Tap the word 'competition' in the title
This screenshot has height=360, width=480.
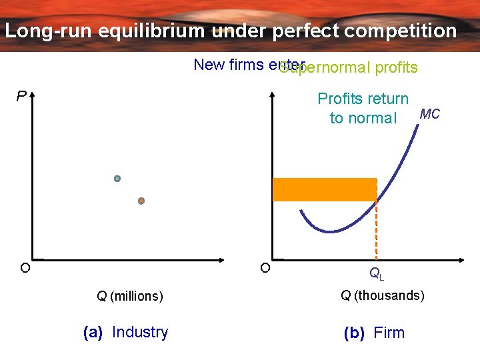point(399,31)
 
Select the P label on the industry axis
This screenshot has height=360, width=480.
point(21,97)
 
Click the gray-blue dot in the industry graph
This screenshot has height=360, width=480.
point(117,179)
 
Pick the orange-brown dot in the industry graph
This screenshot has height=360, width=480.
point(141,201)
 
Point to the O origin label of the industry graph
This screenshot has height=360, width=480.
point(24,268)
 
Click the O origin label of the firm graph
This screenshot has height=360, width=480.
point(265,268)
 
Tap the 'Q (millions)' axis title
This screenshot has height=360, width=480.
point(129,296)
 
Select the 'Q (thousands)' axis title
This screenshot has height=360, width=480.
point(382,295)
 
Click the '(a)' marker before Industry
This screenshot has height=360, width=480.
point(93,332)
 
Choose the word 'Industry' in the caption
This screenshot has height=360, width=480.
point(140,332)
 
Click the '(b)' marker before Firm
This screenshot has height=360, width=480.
point(354,333)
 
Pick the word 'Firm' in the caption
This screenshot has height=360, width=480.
point(389,333)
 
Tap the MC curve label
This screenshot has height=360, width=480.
point(429,114)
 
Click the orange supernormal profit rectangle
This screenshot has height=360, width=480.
point(325,189)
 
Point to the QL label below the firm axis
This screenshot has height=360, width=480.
point(377,273)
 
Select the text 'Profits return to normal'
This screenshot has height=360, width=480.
point(363,109)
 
